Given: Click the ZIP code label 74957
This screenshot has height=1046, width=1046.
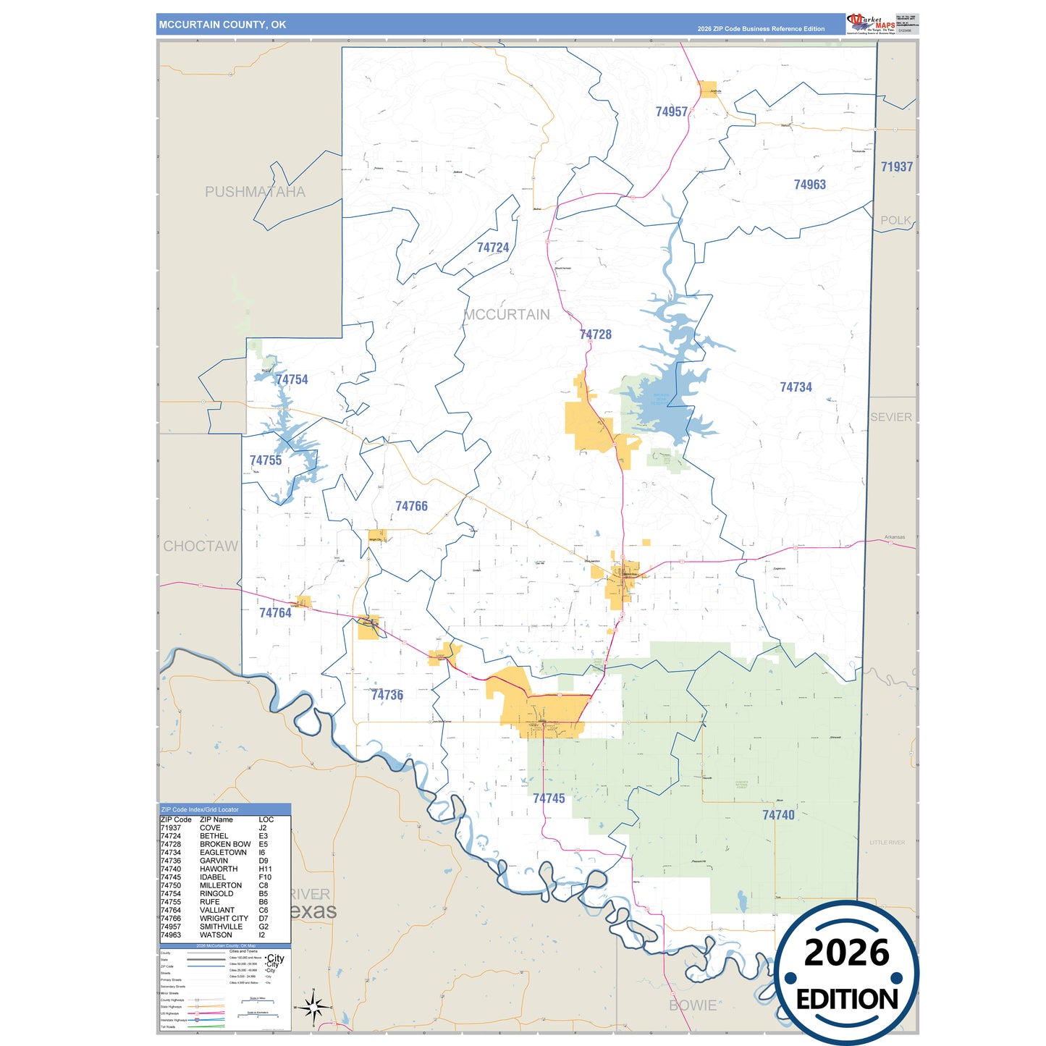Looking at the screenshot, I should (671, 111).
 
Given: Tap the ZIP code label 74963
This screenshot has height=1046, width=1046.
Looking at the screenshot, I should (809, 185).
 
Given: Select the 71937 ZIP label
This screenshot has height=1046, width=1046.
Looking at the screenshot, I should (896, 166).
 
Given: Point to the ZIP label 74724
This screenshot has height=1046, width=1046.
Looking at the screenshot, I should (492, 248).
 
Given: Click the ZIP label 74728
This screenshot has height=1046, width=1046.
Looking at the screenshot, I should (595, 334).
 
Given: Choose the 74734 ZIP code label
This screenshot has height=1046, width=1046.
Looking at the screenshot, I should (796, 387).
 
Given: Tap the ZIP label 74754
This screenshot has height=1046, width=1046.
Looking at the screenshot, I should (292, 379).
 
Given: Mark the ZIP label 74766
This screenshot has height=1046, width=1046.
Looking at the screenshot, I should (411, 506).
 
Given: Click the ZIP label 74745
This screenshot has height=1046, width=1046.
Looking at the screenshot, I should (549, 798).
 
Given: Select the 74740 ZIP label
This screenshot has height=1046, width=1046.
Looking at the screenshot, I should (778, 815).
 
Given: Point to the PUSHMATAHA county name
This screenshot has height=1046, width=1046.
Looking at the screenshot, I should (255, 192).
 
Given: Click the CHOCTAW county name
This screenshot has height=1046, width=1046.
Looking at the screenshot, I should (201, 546).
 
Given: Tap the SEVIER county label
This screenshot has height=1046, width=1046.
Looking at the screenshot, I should (890, 417).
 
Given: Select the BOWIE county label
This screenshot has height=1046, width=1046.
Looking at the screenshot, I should (693, 1005).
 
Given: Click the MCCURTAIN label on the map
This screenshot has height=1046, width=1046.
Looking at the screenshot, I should (507, 314).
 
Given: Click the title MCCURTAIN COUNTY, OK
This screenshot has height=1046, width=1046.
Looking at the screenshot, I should (222, 25).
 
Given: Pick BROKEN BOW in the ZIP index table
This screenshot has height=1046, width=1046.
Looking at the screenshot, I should (225, 844).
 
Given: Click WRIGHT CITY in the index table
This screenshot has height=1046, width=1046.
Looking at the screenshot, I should (224, 918).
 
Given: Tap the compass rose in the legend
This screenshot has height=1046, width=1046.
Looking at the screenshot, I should (313, 1008).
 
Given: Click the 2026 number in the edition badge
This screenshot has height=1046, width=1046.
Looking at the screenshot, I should (846, 953).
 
